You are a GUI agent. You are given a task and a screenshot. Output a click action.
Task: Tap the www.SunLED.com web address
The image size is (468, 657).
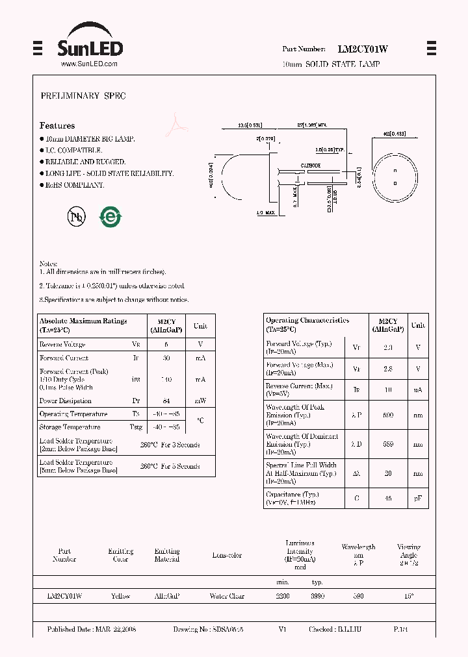click(89, 64)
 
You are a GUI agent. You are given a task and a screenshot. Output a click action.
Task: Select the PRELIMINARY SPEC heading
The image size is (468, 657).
click(83, 96)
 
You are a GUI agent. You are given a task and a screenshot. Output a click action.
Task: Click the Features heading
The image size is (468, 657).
click(57, 125)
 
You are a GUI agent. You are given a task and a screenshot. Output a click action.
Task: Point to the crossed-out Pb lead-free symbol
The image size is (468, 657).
click(77, 217)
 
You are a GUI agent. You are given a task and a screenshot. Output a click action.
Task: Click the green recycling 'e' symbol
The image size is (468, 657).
click(110, 217)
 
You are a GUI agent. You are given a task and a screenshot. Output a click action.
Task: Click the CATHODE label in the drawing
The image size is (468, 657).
click(309, 166)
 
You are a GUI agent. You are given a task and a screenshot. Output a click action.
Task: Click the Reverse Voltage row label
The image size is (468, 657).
click(62, 345)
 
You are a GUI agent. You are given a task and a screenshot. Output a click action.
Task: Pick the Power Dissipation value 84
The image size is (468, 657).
click(166, 401)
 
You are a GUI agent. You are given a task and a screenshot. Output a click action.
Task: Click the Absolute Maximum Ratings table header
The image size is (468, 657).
click(83, 325)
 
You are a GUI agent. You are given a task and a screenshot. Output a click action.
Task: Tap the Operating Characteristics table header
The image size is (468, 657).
click(307, 325)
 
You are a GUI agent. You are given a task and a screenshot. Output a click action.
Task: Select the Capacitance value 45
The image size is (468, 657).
click(388, 498)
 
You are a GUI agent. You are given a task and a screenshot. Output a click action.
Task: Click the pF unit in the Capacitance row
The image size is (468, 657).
click(418, 498)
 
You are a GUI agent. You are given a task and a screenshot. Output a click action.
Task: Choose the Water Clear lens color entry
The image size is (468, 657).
click(227, 596)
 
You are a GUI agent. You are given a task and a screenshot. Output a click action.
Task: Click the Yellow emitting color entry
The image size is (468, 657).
click(120, 596)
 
